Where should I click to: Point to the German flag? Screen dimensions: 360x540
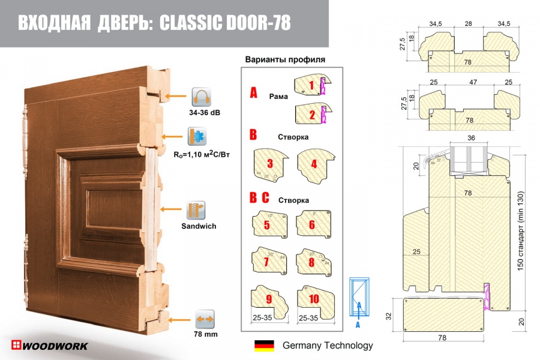(x=264, y=346)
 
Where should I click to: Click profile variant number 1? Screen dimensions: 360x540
(x=311, y=85)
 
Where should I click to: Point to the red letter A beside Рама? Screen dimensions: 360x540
(x=254, y=94)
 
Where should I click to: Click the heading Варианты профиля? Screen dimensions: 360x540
(x=285, y=60)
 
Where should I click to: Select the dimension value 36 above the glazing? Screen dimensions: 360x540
(x=470, y=138)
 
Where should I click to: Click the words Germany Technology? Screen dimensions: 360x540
(x=327, y=346)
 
